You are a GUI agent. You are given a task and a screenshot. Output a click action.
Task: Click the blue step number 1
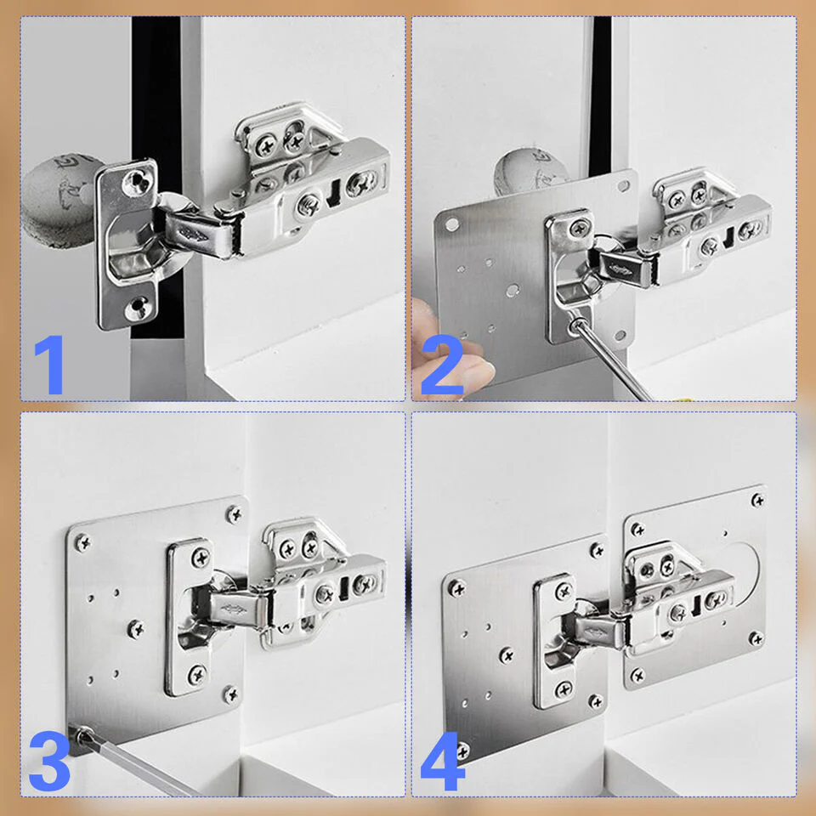50,365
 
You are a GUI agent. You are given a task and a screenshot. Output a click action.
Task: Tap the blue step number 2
442,365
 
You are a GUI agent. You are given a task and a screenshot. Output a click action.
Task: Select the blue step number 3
49,761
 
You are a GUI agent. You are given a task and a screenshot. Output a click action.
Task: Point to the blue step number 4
442,761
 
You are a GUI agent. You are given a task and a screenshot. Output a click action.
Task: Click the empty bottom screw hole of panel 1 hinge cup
138,308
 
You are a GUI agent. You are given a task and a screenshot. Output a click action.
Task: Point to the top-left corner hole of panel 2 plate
451,224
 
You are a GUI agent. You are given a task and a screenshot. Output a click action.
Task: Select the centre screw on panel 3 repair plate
136,629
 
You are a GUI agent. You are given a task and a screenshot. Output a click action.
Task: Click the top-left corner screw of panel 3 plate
82,543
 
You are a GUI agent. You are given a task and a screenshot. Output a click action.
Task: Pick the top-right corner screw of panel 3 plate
235,514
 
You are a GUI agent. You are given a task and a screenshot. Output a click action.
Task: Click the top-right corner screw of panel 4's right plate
757,501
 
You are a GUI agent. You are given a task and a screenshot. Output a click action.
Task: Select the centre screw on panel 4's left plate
507,655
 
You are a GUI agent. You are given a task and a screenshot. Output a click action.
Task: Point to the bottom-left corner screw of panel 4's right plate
637,676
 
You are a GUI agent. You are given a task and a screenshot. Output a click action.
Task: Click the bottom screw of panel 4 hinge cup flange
564,690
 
